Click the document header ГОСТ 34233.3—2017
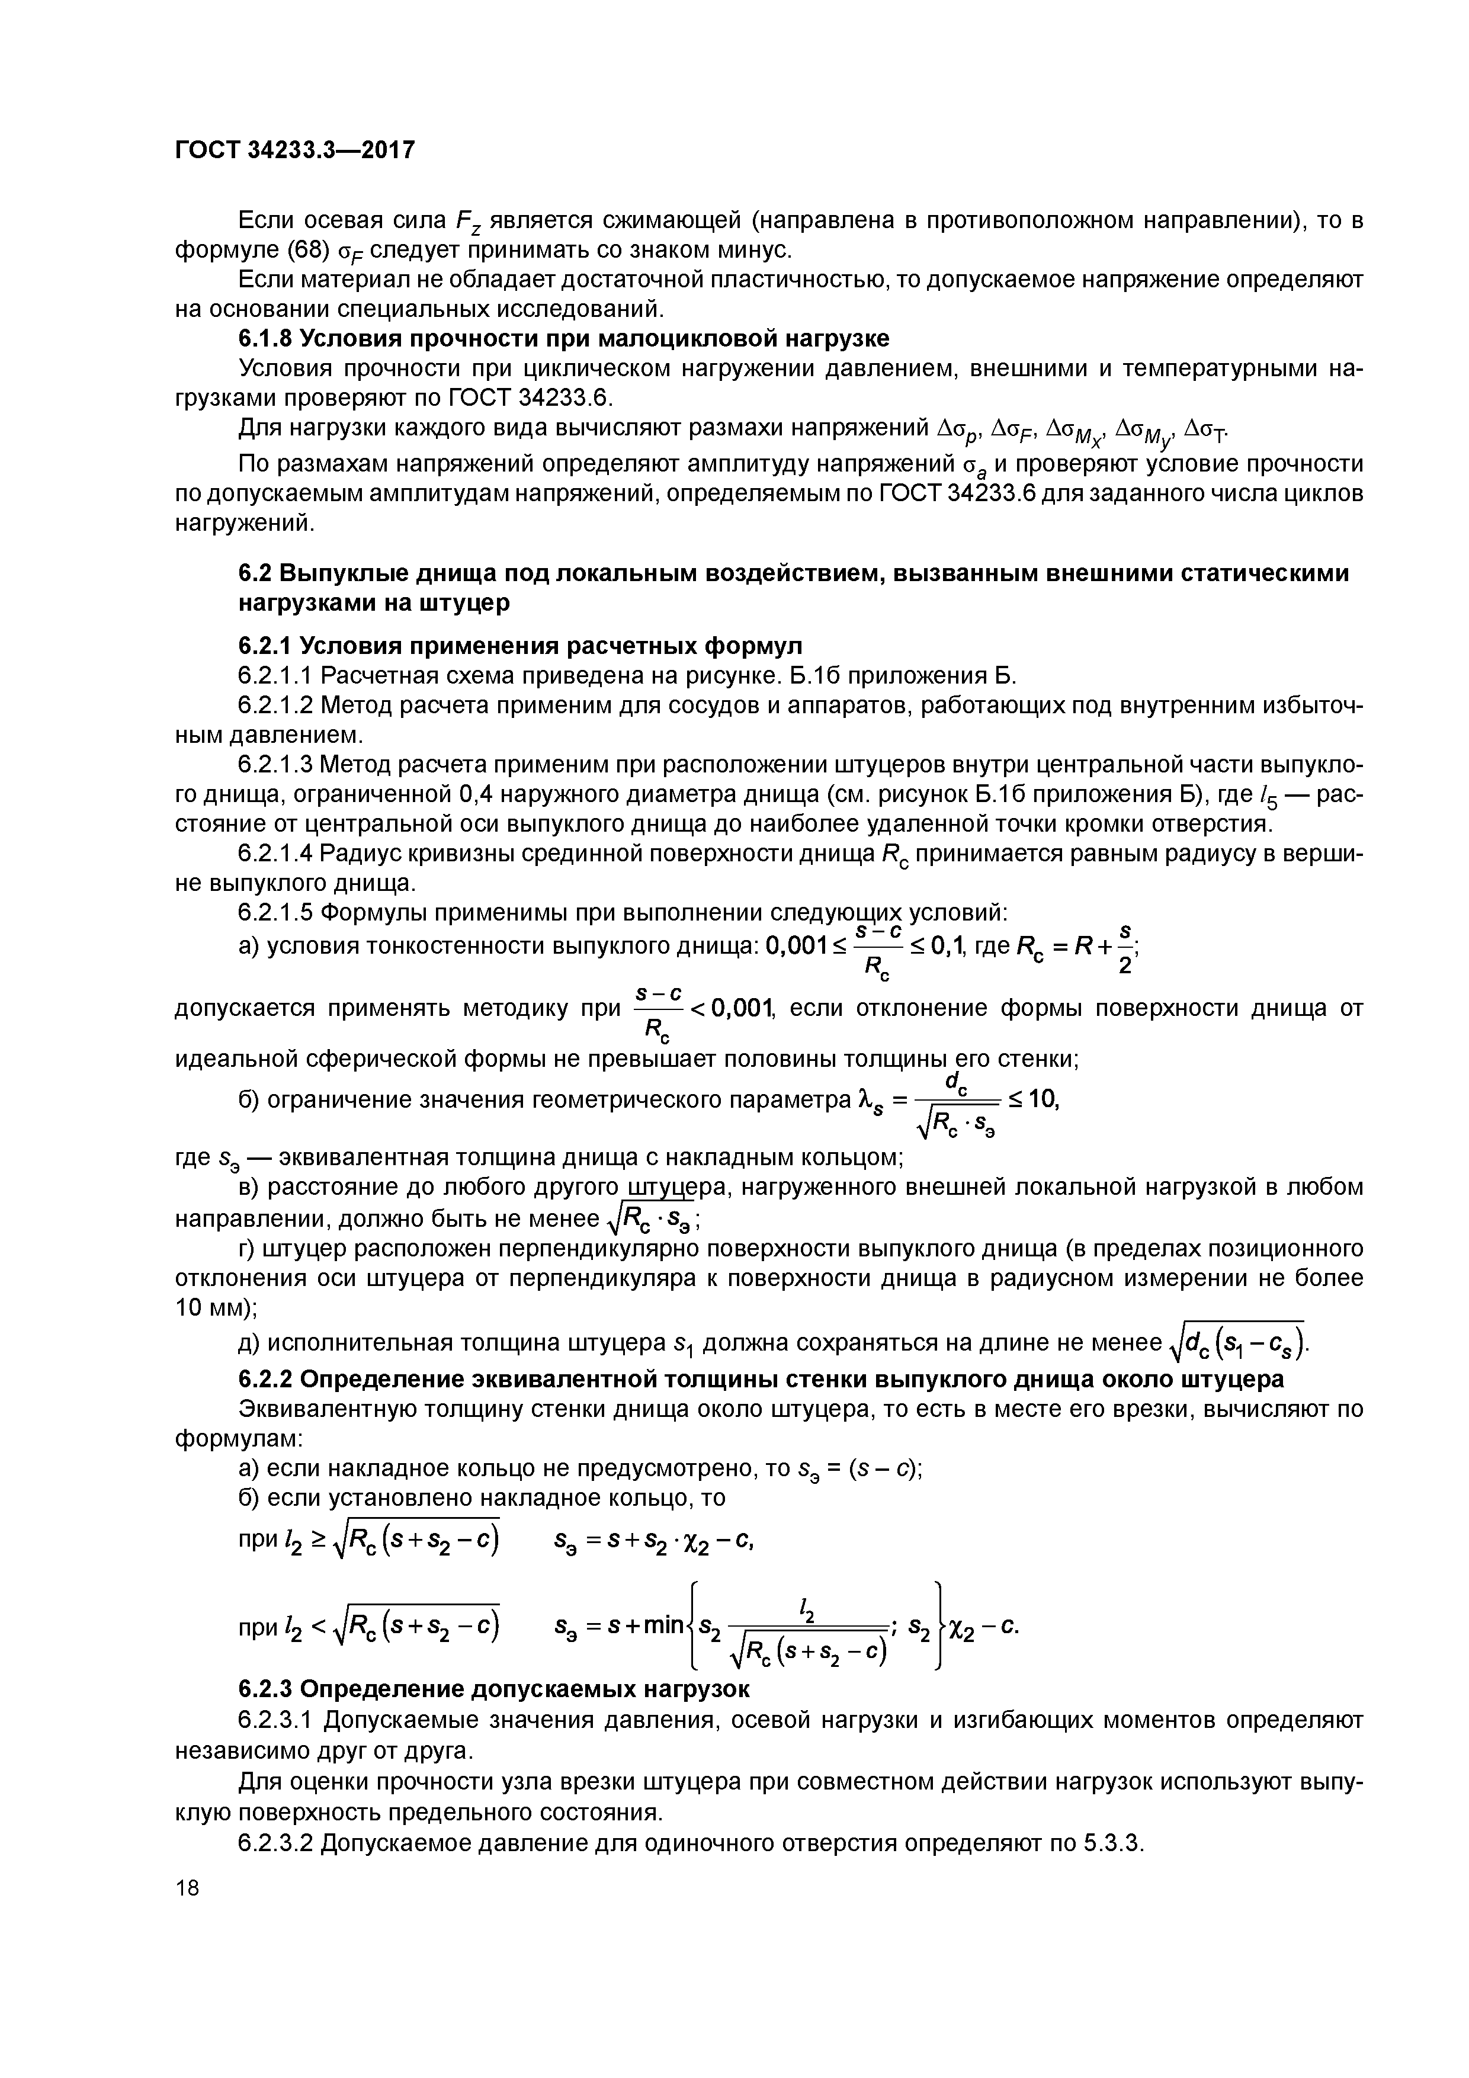point(294,149)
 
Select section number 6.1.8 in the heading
point(264,338)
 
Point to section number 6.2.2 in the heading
point(264,1378)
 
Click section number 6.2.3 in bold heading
point(264,1689)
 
